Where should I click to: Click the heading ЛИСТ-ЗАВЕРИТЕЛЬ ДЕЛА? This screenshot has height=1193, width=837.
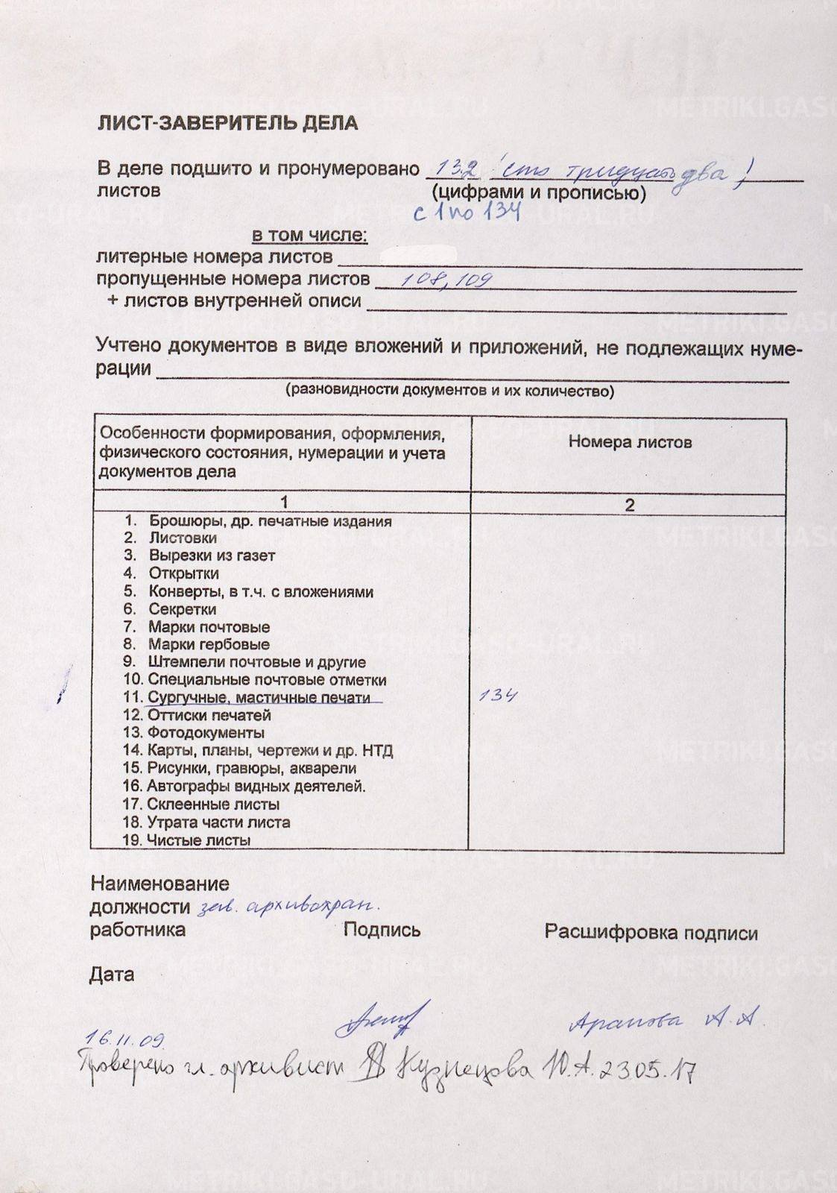point(228,123)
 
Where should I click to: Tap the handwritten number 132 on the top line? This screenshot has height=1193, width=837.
point(458,170)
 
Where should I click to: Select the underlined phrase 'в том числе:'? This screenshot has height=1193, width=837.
point(309,236)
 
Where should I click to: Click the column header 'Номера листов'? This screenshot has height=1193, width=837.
point(630,441)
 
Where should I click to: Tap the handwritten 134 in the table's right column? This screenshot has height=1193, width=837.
point(499,696)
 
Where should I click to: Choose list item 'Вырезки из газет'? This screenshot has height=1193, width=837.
point(212,555)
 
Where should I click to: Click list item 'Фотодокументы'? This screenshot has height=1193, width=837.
point(206,733)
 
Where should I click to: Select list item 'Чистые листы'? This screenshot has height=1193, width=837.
point(198,840)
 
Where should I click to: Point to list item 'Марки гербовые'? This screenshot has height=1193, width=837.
point(209,644)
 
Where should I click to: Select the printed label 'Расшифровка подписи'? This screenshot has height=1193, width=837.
point(651,933)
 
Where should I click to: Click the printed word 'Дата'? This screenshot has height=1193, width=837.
point(112,975)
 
